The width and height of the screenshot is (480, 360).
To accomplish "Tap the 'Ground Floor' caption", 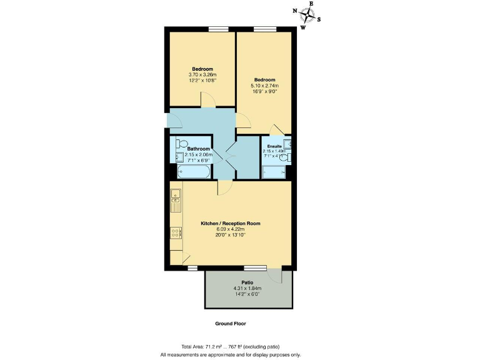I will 231,324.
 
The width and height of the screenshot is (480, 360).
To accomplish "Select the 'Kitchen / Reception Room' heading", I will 230,223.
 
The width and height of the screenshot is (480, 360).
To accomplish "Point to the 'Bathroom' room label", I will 198,149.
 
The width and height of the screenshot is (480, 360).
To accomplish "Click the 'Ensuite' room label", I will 273,146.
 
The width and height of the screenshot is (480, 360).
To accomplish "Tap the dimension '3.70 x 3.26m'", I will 202,75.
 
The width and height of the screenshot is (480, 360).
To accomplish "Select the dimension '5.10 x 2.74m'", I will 264,86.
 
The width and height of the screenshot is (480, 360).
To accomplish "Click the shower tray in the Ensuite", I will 273,171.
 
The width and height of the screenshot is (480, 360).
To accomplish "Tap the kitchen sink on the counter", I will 176,199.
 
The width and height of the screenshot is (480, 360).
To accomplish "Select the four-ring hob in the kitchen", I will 176,232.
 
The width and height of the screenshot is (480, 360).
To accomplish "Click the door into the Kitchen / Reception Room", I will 223,187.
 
